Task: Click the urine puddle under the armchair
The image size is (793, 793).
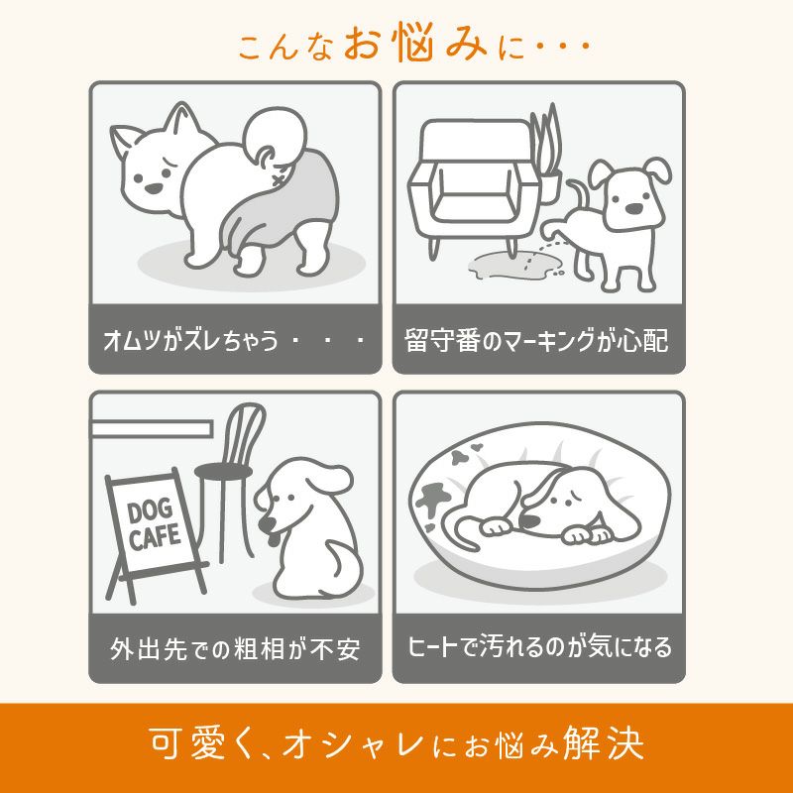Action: coord(512,265)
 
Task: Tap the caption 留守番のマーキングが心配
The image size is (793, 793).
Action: coord(536,340)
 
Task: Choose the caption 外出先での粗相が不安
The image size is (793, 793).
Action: coord(235,649)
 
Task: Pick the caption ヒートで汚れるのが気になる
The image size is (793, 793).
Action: coord(539,647)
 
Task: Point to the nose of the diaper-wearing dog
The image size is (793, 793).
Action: coord(153,188)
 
